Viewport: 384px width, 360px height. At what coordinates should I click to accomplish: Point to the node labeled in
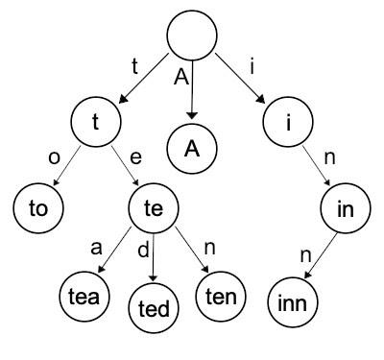(x=345, y=209)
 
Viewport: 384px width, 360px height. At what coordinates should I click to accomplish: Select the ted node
(x=154, y=308)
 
